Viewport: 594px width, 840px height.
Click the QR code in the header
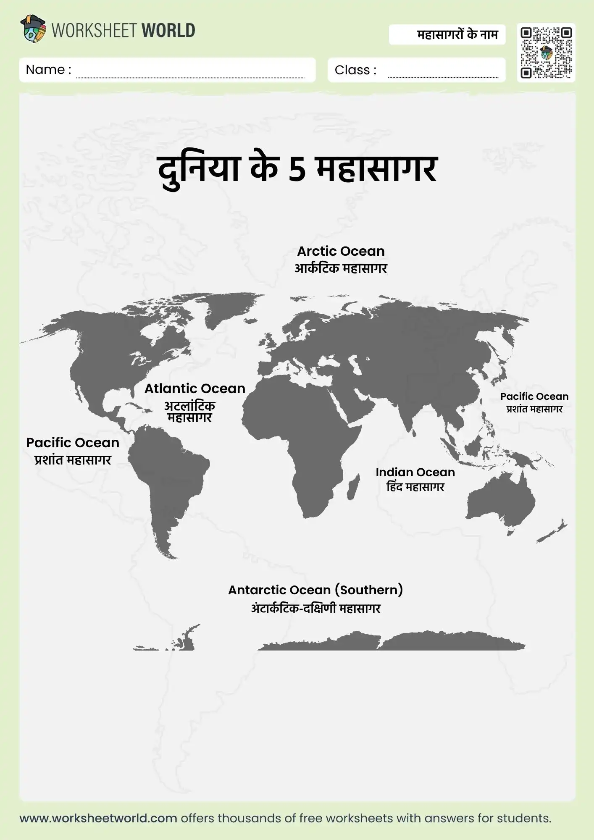[x=546, y=53]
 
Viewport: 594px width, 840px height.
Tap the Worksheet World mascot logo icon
[x=33, y=29]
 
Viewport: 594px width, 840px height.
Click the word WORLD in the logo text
[x=168, y=31]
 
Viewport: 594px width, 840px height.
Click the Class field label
[x=355, y=70]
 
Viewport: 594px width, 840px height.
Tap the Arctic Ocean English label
[x=341, y=251]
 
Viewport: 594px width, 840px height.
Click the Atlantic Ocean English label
[x=195, y=388]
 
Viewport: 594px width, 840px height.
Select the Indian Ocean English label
[x=415, y=472]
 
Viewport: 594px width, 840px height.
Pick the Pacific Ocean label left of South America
[x=73, y=443]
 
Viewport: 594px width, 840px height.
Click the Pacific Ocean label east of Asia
[x=534, y=396]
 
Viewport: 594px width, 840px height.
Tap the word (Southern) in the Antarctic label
[x=369, y=590]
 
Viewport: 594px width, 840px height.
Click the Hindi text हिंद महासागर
[x=415, y=487]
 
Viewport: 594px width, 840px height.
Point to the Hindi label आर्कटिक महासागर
[x=341, y=268]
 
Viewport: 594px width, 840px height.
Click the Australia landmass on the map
[x=502, y=502]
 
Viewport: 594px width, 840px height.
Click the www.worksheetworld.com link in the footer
[x=98, y=818]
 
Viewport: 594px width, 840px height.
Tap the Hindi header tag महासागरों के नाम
[x=457, y=34]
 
